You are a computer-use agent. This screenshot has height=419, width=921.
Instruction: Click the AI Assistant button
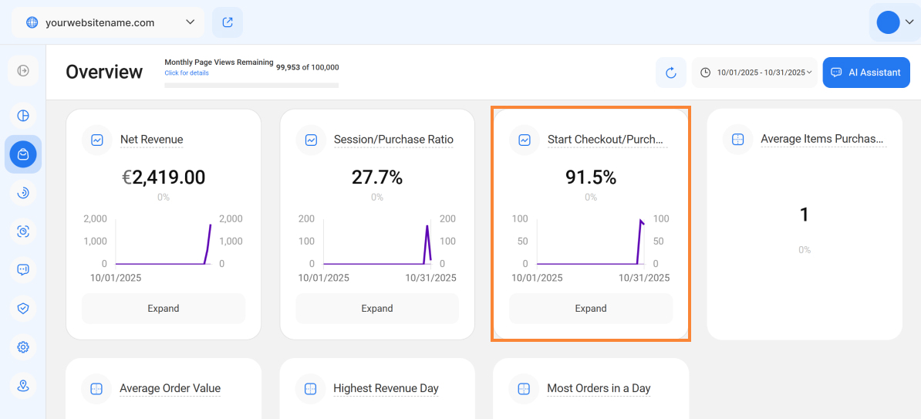[x=866, y=73]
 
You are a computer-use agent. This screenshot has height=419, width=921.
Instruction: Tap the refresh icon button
[x=671, y=73]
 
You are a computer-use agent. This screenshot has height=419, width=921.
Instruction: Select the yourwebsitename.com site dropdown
[x=108, y=22]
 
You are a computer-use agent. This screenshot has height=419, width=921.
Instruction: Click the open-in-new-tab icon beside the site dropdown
[x=228, y=22]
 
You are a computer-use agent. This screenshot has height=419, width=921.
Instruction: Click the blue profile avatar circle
[x=888, y=22]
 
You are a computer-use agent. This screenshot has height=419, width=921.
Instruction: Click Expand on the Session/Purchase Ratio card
[x=377, y=309]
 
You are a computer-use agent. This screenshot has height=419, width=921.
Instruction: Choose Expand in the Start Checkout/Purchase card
[x=591, y=309]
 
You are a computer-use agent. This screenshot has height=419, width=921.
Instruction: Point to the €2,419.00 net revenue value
[x=164, y=177]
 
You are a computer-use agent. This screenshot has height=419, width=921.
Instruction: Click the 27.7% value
[x=377, y=177]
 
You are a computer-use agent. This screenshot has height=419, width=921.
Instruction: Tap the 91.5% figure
[x=591, y=177]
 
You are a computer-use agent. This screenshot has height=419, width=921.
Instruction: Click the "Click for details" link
[x=187, y=73]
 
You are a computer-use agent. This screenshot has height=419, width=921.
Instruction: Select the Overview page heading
[x=104, y=72]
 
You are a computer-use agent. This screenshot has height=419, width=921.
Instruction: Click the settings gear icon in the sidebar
[x=23, y=347]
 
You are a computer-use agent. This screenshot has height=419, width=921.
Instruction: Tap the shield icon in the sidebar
[x=23, y=309]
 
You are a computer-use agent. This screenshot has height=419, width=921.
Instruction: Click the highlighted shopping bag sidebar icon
[x=23, y=154]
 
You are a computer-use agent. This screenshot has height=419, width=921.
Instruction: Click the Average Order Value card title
[x=170, y=388]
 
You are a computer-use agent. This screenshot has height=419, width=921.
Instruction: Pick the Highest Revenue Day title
[x=386, y=388]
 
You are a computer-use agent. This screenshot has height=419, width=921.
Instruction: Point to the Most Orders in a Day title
[x=599, y=388]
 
